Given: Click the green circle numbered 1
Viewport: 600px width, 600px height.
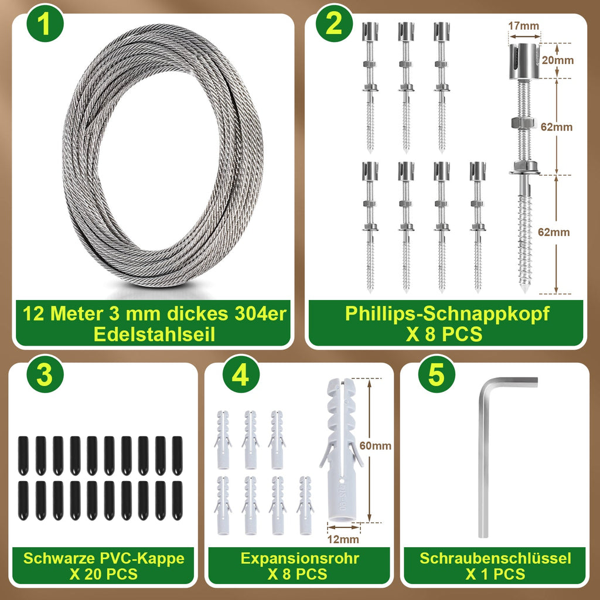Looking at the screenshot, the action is tap(45, 23).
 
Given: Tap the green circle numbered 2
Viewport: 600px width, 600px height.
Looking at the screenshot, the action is tap(334, 23).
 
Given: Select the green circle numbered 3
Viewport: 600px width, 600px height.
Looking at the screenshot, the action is tap(45, 374).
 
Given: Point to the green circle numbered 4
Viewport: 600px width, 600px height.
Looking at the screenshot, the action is tap(241, 374).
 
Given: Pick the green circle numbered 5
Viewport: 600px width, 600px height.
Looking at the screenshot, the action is tap(437, 374).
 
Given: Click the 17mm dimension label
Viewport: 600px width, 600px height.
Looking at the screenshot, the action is tap(523, 26).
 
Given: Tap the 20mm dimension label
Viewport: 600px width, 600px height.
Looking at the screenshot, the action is tap(558, 60).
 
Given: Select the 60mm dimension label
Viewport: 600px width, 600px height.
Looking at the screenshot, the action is tap(376, 445).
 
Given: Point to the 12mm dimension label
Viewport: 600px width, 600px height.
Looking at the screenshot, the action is tap(343, 539).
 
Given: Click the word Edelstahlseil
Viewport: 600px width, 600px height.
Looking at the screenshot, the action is tap(154, 334).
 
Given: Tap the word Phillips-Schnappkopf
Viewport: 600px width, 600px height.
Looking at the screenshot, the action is tap(447, 314).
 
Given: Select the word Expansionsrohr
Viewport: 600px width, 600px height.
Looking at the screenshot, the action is tap(299, 558).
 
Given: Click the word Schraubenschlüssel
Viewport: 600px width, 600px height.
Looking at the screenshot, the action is tap(495, 558).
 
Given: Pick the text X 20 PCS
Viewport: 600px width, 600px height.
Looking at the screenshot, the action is tap(103, 574).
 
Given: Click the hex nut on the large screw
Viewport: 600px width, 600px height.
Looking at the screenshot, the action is tap(523, 123).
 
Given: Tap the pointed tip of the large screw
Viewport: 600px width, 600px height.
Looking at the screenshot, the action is tap(524, 291).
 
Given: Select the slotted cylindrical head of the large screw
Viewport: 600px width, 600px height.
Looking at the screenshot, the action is tap(524, 61).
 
